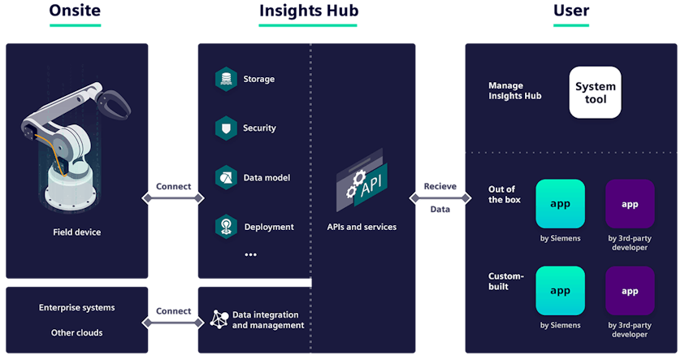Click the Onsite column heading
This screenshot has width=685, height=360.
pyautogui.click(x=76, y=11)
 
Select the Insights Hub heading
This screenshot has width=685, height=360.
pyautogui.click(x=309, y=11)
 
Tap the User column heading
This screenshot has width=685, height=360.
pyautogui.click(x=571, y=11)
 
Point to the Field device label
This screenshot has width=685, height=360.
pyautogui.click(x=77, y=232)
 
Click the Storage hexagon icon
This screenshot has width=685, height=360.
pyautogui.click(x=225, y=79)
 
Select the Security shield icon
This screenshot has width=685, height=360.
pyautogui.click(x=225, y=128)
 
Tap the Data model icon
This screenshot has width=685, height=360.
pyautogui.click(x=225, y=177)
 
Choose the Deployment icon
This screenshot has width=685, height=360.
pyautogui.click(x=225, y=227)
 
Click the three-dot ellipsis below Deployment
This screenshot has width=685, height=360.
pyautogui.click(x=250, y=254)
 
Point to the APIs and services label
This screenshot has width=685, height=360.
pyautogui.click(x=362, y=227)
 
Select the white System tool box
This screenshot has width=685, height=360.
pyautogui.click(x=595, y=93)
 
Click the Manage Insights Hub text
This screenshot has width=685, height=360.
pyautogui.click(x=515, y=90)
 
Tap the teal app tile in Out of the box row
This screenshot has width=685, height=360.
pyautogui.click(x=560, y=204)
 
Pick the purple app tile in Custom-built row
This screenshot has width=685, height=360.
pyautogui.click(x=630, y=291)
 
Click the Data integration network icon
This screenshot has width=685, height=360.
pyautogui.click(x=219, y=319)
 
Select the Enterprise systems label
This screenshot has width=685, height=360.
pyautogui.click(x=76, y=308)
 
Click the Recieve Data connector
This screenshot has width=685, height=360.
pyautogui.click(x=440, y=198)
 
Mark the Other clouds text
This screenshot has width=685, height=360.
pyautogui.click(x=76, y=332)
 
